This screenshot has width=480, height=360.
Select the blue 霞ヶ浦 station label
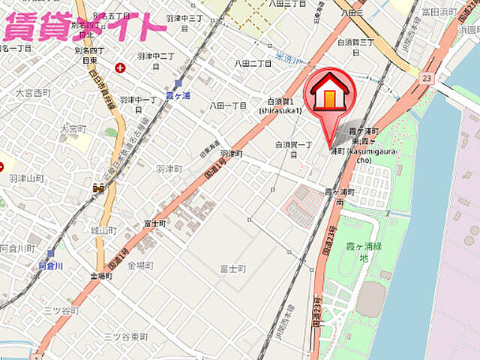[178, 97]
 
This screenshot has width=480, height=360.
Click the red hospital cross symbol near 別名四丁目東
[120, 68]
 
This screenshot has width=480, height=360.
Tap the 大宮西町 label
[32, 93]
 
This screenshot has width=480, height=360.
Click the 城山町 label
[103, 229]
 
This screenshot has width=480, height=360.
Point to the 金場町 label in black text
[140, 265]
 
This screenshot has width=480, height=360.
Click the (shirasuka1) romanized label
[280, 110]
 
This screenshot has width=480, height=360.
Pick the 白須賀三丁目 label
[356, 43]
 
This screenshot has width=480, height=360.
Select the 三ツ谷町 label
[61, 310]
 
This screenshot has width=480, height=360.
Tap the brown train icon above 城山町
[99, 188]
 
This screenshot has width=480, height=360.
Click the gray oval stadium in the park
[370, 299]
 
